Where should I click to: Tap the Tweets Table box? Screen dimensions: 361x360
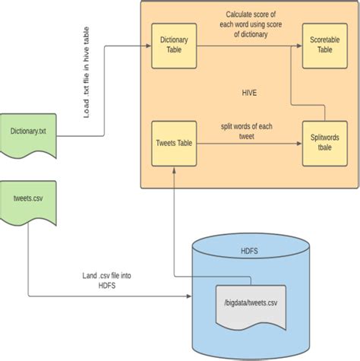[x=175, y=144]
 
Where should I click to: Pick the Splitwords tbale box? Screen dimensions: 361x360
[x=324, y=144]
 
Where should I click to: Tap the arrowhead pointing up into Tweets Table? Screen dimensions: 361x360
[x=175, y=172]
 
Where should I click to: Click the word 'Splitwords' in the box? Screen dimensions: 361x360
[x=324, y=139]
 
